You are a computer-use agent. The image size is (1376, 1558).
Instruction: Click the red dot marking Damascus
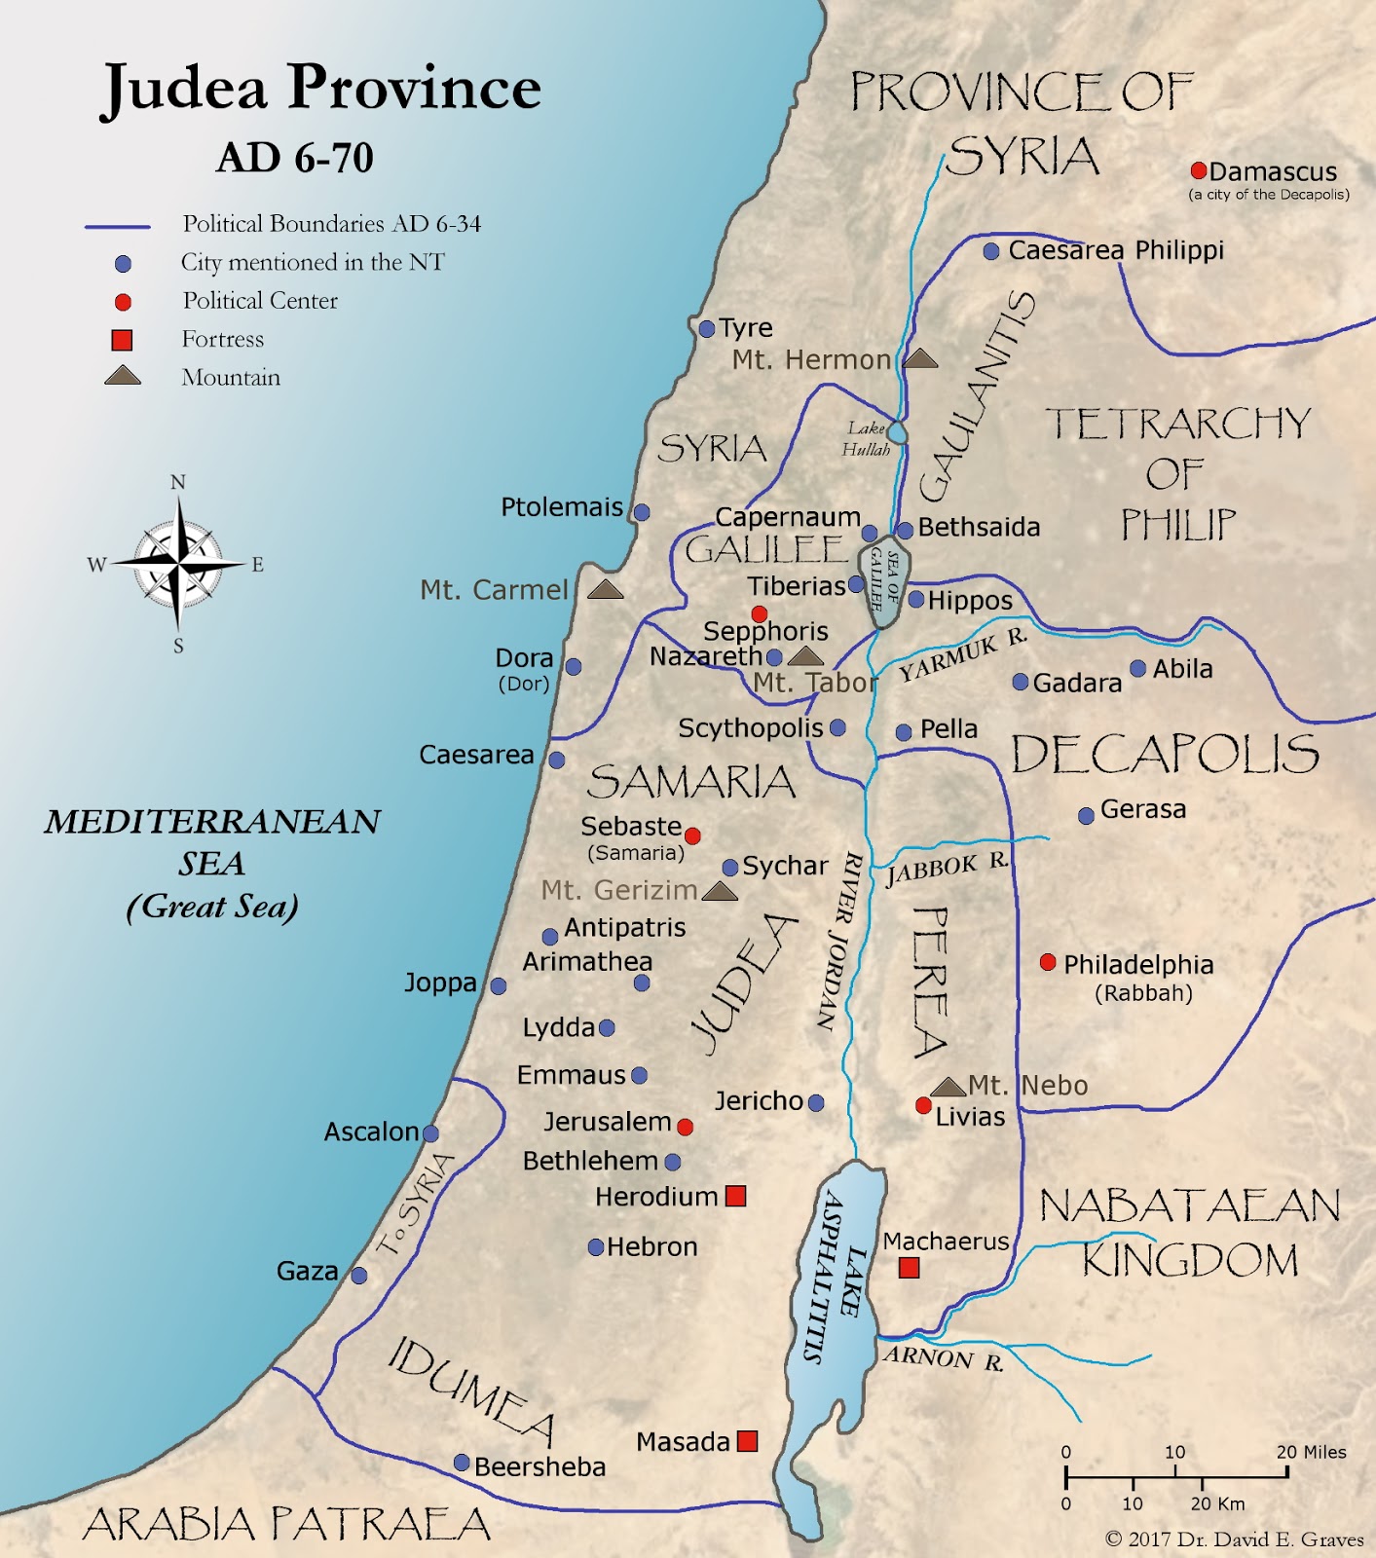pyautogui.click(x=1199, y=170)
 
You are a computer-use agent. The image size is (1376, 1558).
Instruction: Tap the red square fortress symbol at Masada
pyautogui.click(x=747, y=1441)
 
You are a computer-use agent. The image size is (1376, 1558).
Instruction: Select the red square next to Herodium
pyautogui.click(x=736, y=1196)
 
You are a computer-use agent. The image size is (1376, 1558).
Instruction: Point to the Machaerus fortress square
pyautogui.click(x=909, y=1267)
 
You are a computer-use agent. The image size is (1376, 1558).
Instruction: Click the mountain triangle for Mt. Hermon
pyautogui.click(x=920, y=358)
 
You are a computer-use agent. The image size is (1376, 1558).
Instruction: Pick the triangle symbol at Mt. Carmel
pyautogui.click(x=605, y=589)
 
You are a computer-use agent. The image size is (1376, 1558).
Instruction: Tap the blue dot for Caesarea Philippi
pyautogui.click(x=991, y=251)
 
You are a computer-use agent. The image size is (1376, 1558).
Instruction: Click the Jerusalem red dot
pyautogui.click(x=685, y=1127)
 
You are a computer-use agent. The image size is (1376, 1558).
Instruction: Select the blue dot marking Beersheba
pyautogui.click(x=463, y=1463)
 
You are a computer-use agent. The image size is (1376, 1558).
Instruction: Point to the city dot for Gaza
pyautogui.click(x=359, y=1275)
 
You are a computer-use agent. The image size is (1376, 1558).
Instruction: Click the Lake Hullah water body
pyautogui.click(x=897, y=432)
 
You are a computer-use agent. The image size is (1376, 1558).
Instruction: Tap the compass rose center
pyautogui.click(x=178, y=563)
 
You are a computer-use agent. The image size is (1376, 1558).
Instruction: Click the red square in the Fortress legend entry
pyautogui.click(x=122, y=340)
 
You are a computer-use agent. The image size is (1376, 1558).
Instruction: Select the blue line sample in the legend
pyautogui.click(x=118, y=227)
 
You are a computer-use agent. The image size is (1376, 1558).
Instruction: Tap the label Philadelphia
pyautogui.click(x=1138, y=965)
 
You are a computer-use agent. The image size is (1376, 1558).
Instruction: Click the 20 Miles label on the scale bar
pyautogui.click(x=1311, y=1452)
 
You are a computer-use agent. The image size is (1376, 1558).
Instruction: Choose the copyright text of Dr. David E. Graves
pyautogui.click(x=1235, y=1539)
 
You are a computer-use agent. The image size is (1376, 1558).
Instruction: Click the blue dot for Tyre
pyautogui.click(x=707, y=329)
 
